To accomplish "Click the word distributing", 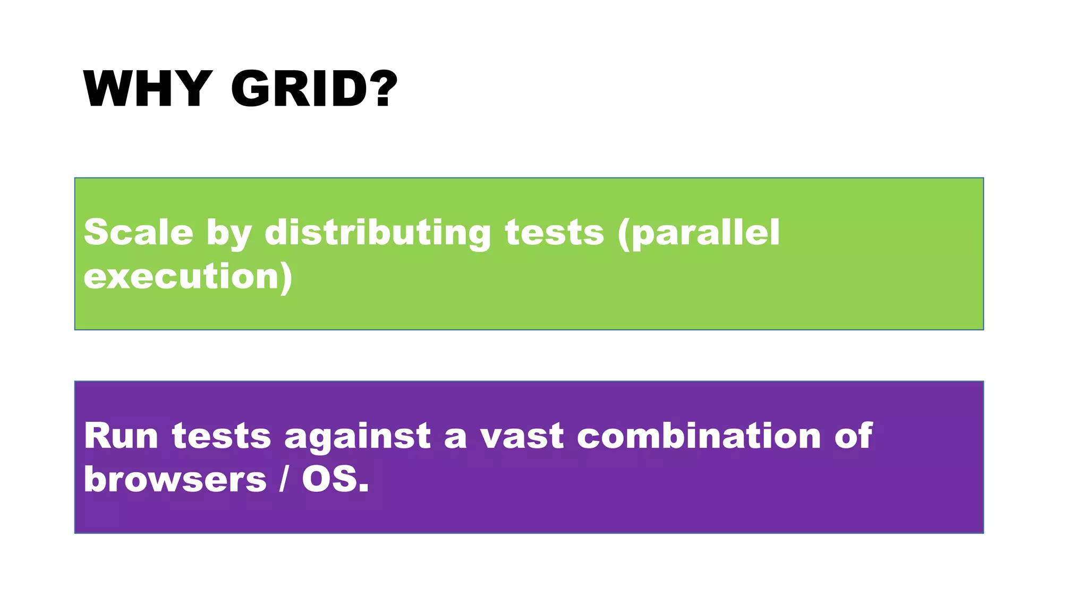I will [x=378, y=233].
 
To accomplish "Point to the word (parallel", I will [x=699, y=233].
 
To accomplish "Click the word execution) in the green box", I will [x=188, y=276].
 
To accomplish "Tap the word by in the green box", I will [x=228, y=234].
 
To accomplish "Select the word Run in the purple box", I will [x=121, y=436].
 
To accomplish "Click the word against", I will [x=358, y=437].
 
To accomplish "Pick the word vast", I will [x=522, y=437].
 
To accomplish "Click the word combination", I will [x=699, y=436].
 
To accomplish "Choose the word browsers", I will [x=175, y=479].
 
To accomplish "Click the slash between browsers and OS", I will [x=284, y=479].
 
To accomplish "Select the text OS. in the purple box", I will [x=335, y=479].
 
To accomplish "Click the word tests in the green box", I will [x=554, y=233].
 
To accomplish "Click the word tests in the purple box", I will [x=222, y=437].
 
